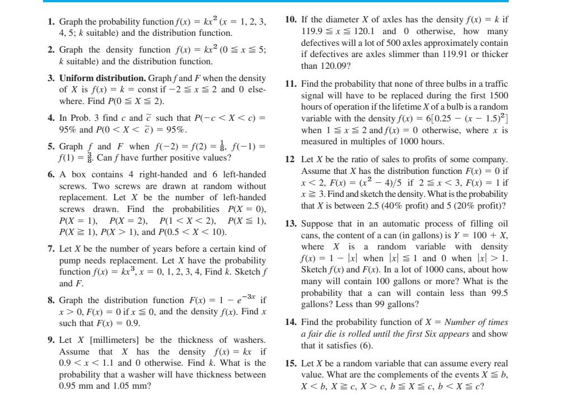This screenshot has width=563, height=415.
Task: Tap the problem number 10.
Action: coord(290,19)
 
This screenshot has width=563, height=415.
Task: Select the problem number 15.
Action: coord(290,363)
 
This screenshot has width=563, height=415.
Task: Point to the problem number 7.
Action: coord(51,248)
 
